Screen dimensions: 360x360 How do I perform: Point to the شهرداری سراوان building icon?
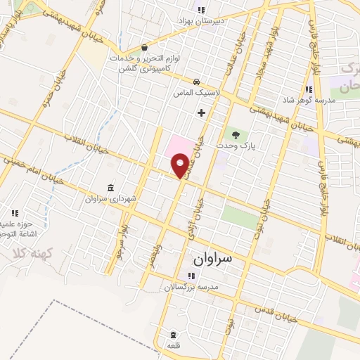(110, 187)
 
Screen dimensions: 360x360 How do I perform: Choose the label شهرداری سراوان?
(110, 199)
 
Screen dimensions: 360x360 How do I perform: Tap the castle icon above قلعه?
(172, 334)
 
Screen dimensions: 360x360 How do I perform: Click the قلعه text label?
(172, 346)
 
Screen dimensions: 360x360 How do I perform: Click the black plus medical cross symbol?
(202, 112)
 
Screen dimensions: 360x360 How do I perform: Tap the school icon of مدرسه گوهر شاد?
(309, 89)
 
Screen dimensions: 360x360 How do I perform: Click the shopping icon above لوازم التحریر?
(145, 47)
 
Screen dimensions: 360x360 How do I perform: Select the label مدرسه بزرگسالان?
(192, 288)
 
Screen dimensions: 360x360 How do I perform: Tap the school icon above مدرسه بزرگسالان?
(191, 276)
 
